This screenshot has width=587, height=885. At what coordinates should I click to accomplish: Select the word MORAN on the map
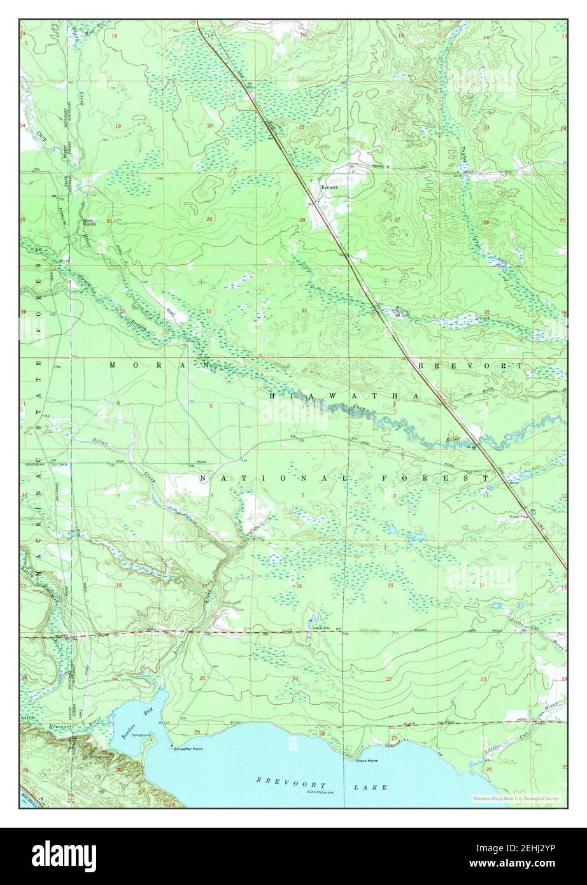tap(160, 365)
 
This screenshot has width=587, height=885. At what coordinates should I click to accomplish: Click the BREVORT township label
tap(470, 366)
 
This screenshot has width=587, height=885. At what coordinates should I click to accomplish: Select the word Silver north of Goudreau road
tap(100, 441)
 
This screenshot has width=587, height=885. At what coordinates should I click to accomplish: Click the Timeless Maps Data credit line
tap(516, 798)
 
